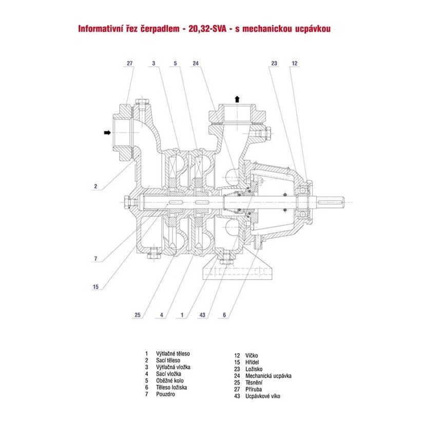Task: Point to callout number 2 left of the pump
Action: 95,187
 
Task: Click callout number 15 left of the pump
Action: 95,286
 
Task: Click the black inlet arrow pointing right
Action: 107,132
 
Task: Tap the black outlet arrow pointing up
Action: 237,99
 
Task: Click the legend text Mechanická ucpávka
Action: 268,376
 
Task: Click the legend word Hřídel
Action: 253,362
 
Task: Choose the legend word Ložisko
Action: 255,369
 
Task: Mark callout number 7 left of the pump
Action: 95,259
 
